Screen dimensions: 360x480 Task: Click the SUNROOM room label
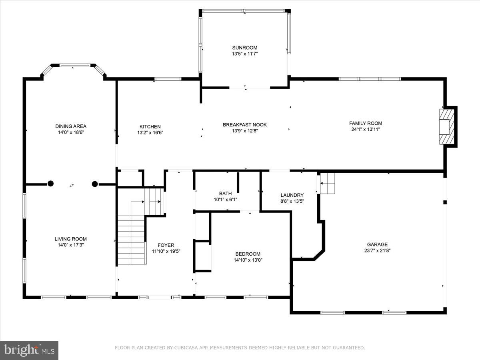tap(245, 48)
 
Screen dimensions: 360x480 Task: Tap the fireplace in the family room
tap(447, 126)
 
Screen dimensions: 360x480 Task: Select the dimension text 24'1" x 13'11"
tap(366, 129)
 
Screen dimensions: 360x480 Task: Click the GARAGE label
tap(377, 244)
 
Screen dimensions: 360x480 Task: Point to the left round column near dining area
tap(50, 184)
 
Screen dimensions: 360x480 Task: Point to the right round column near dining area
tap(95, 184)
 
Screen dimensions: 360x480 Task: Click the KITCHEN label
tap(150, 126)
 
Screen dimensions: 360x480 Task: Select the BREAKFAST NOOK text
tap(245, 125)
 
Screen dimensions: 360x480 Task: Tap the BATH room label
tap(225, 194)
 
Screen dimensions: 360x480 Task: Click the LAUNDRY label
tap(292, 195)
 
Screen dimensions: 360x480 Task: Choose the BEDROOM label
tap(248, 254)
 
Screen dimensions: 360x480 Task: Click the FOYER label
tap(166, 245)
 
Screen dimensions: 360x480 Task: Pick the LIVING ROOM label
tap(71, 239)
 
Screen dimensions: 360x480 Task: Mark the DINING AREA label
tap(71, 126)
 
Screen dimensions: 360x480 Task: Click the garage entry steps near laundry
tap(327, 184)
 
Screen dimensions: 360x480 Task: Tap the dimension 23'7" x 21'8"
tap(377, 251)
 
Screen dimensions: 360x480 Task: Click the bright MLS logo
tap(29, 350)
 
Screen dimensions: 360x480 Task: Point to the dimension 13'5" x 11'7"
tap(245, 54)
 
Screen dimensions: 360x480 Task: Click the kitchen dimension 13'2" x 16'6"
tap(150, 132)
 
